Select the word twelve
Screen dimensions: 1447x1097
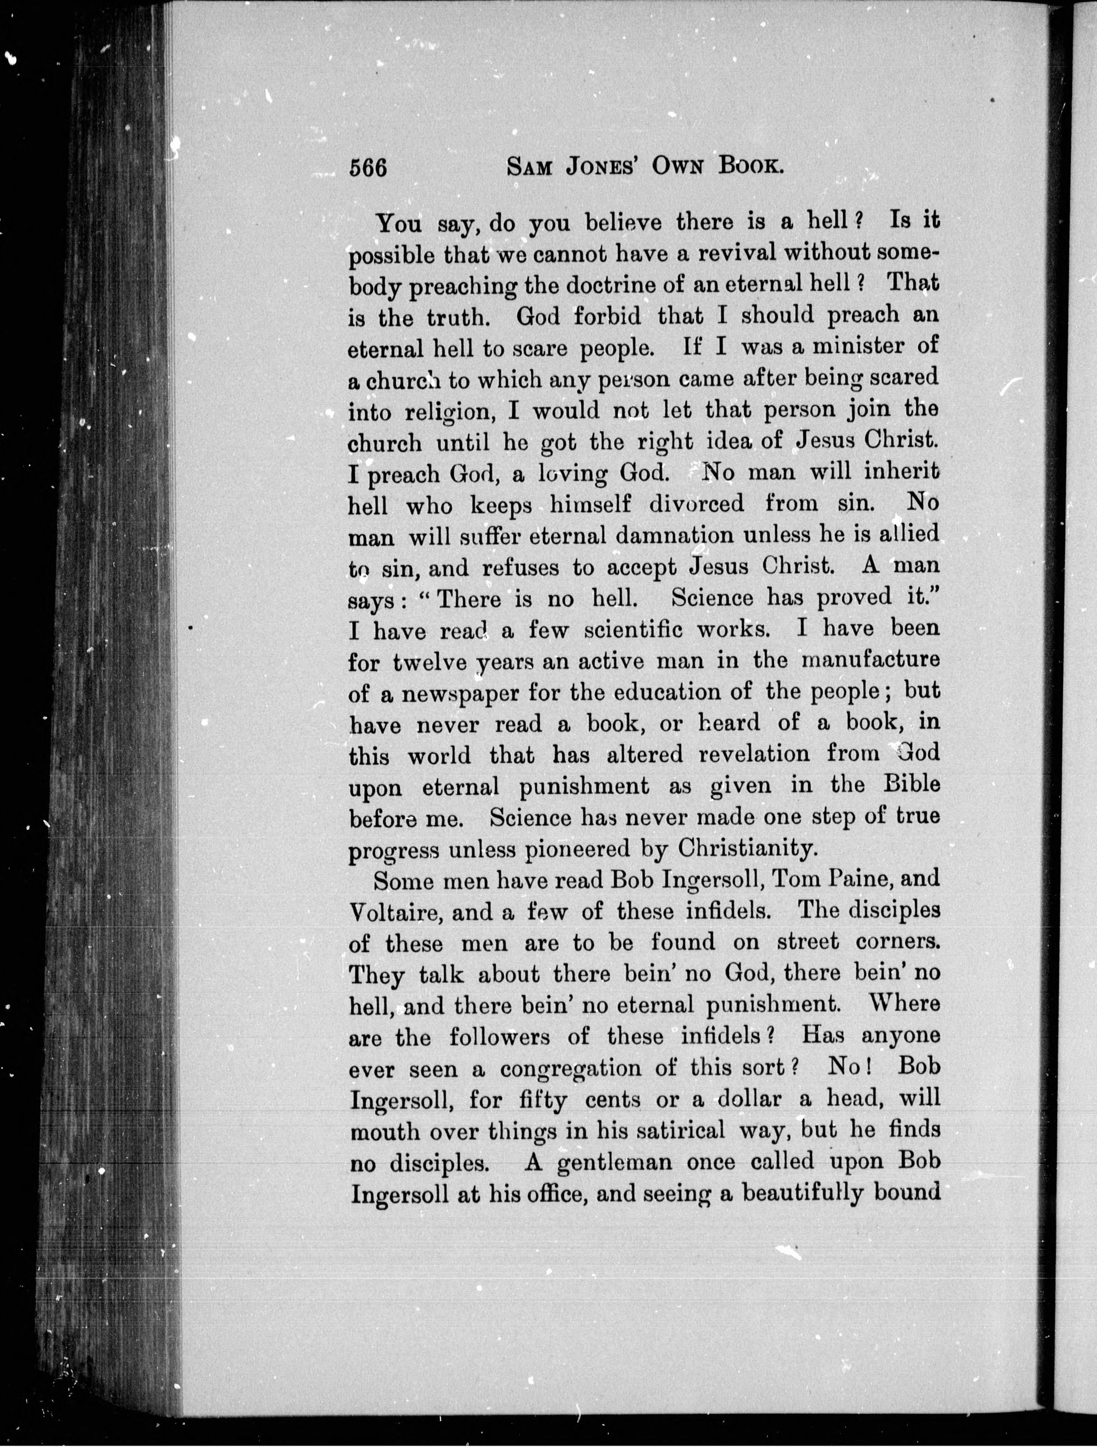(x=430, y=662)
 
